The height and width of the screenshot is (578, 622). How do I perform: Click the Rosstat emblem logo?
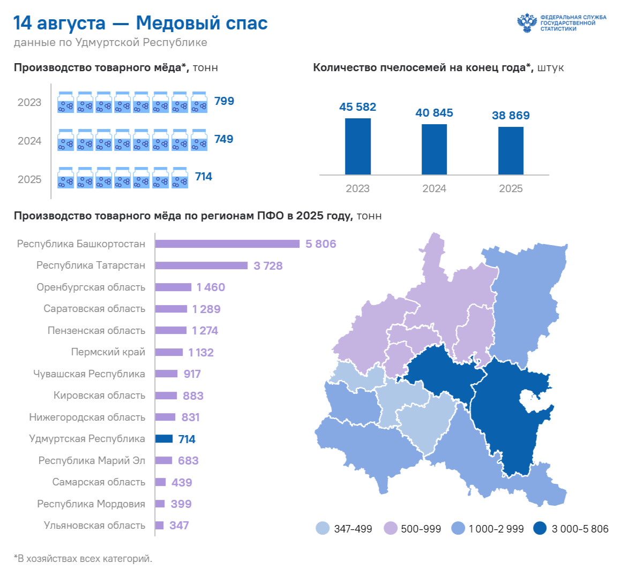pos(527,23)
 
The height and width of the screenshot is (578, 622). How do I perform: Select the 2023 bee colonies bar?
pos(358,146)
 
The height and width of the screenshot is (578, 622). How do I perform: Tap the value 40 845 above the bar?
pos(434,113)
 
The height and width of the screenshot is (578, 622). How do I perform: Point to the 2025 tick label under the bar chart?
pos(511,188)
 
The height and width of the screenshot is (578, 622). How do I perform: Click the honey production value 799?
pos(224,101)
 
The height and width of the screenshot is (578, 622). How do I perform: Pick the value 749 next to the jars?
pos(224,139)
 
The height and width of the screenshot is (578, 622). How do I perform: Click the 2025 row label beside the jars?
pos(29,179)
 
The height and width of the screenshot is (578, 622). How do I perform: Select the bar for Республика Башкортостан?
pos(227,244)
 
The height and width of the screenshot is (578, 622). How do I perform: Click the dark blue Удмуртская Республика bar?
pos(164,438)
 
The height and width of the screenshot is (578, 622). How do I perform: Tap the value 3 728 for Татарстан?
pos(268,265)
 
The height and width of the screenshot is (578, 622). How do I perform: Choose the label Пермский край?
pos(108,352)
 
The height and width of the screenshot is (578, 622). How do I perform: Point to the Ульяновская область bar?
pos(160,526)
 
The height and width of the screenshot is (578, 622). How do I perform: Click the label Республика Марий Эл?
pos(92,460)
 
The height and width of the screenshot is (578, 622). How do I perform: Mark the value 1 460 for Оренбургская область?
pos(211,287)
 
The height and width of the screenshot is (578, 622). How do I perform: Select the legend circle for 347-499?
pos(323,528)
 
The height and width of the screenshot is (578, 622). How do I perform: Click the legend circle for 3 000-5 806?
pos(540,528)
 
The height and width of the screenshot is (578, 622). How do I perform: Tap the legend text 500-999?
pos(421,529)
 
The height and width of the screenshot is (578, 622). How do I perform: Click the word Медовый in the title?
pos(176,23)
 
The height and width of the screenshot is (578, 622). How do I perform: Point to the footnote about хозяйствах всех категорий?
pos(83,559)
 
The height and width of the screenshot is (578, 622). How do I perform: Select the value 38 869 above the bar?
pos(511,115)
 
